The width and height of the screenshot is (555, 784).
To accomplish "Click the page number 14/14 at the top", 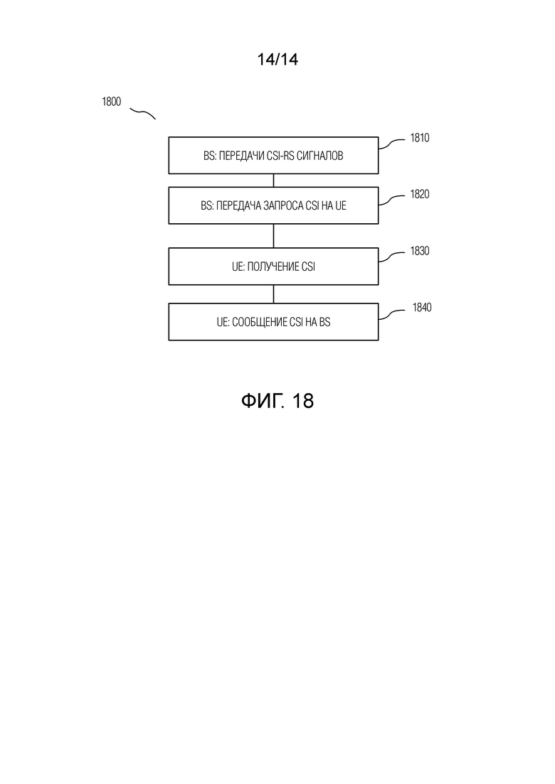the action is pos(277,60).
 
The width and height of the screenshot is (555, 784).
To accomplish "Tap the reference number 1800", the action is pos(112,102).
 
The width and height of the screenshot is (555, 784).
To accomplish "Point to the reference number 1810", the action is pos(420,137).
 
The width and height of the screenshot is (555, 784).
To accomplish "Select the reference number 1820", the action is pos(420,194).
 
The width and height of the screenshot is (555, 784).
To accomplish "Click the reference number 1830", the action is pos(420,250).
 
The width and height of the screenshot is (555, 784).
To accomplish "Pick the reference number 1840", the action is pos(422,307).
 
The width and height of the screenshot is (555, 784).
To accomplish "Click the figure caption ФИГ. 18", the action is pos(277,400).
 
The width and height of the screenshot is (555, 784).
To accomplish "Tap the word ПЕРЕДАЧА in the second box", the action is pos(238,205).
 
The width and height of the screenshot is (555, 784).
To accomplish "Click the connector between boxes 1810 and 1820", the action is pos(273,181).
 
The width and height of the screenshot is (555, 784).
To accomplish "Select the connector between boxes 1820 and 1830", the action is pos(273,235).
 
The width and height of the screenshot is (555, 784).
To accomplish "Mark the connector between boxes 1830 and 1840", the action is pos(273,294).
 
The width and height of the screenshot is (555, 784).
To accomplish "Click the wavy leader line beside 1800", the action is pos(143,113).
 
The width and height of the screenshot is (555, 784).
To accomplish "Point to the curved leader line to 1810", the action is pos(391,144).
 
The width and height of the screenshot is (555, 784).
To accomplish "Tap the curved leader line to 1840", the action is pos(391,313).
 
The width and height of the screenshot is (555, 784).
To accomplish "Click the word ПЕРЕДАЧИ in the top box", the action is pos(242,156).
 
